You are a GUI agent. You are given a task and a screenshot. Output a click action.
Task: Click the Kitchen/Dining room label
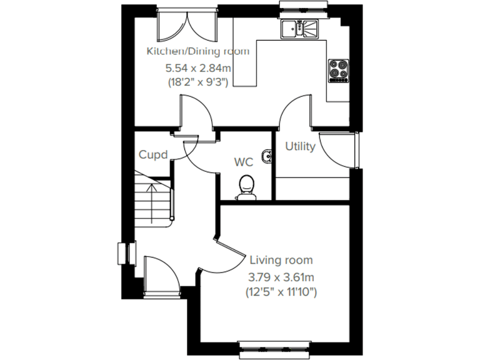(197, 51)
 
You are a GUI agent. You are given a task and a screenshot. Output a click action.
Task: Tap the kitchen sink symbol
(299, 28)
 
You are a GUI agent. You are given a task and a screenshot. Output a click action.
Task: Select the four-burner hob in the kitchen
(339, 70)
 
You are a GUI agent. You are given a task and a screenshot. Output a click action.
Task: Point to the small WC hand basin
(268, 156)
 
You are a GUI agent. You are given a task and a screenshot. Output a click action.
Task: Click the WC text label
(243, 162)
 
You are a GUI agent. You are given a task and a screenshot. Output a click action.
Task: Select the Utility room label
(300, 146)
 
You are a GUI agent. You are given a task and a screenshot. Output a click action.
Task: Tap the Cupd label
(153, 154)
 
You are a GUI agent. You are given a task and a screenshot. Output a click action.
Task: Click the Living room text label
(281, 260)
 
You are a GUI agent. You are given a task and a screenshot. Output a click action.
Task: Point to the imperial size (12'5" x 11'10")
(281, 291)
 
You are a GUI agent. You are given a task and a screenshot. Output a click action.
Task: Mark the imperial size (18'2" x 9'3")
(197, 82)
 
